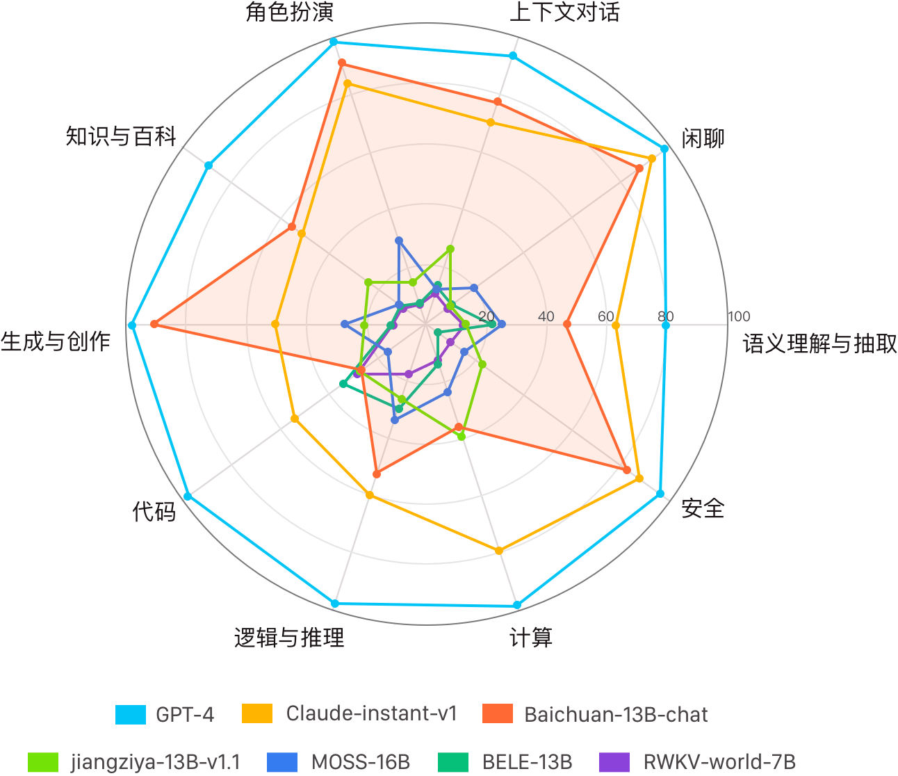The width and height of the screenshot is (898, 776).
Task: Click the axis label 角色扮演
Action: tap(289, 12)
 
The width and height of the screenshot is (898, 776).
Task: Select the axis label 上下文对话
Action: tap(564, 12)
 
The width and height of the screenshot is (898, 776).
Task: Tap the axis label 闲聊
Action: tap(703, 138)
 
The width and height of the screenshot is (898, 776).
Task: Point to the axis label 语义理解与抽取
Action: tap(819, 343)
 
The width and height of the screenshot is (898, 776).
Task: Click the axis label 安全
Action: tap(703, 508)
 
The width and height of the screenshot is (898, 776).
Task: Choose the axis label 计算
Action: tap(531, 638)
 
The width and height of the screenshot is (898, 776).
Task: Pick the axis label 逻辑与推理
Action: tap(289, 638)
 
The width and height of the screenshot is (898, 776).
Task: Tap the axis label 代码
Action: tap(154, 511)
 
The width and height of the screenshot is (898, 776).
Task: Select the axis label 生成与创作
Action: tap(55, 341)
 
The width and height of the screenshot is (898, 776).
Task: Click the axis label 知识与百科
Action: tap(121, 136)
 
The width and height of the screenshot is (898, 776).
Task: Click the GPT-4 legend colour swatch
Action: tap(131, 715)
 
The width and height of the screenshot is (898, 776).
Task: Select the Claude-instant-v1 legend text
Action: tap(371, 714)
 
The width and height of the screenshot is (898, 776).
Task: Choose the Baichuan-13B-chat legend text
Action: tap(616, 715)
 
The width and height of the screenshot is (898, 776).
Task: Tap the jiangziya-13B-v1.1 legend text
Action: tap(156, 762)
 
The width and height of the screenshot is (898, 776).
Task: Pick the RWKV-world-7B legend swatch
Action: tap(614, 762)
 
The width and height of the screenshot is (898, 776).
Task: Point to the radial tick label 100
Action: tap(739, 316)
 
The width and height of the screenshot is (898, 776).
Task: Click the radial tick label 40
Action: tap(546, 316)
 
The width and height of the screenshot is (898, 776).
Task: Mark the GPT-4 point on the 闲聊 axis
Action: tap(664, 149)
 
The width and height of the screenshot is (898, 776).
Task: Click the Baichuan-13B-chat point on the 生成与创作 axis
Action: tap(154, 324)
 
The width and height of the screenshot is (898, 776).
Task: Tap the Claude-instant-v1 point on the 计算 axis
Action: tap(499, 551)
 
